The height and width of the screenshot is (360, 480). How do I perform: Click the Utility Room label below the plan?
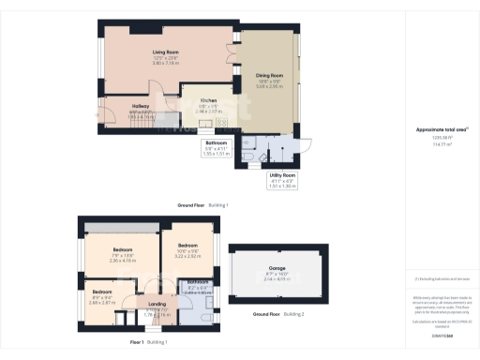(282, 175)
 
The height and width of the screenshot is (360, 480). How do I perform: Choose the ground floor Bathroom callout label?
(217, 142)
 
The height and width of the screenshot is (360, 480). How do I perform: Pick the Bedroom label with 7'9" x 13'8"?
(118, 250)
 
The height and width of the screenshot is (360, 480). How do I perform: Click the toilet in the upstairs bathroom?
(212, 315)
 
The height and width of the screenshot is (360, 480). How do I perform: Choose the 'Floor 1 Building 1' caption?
(150, 342)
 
